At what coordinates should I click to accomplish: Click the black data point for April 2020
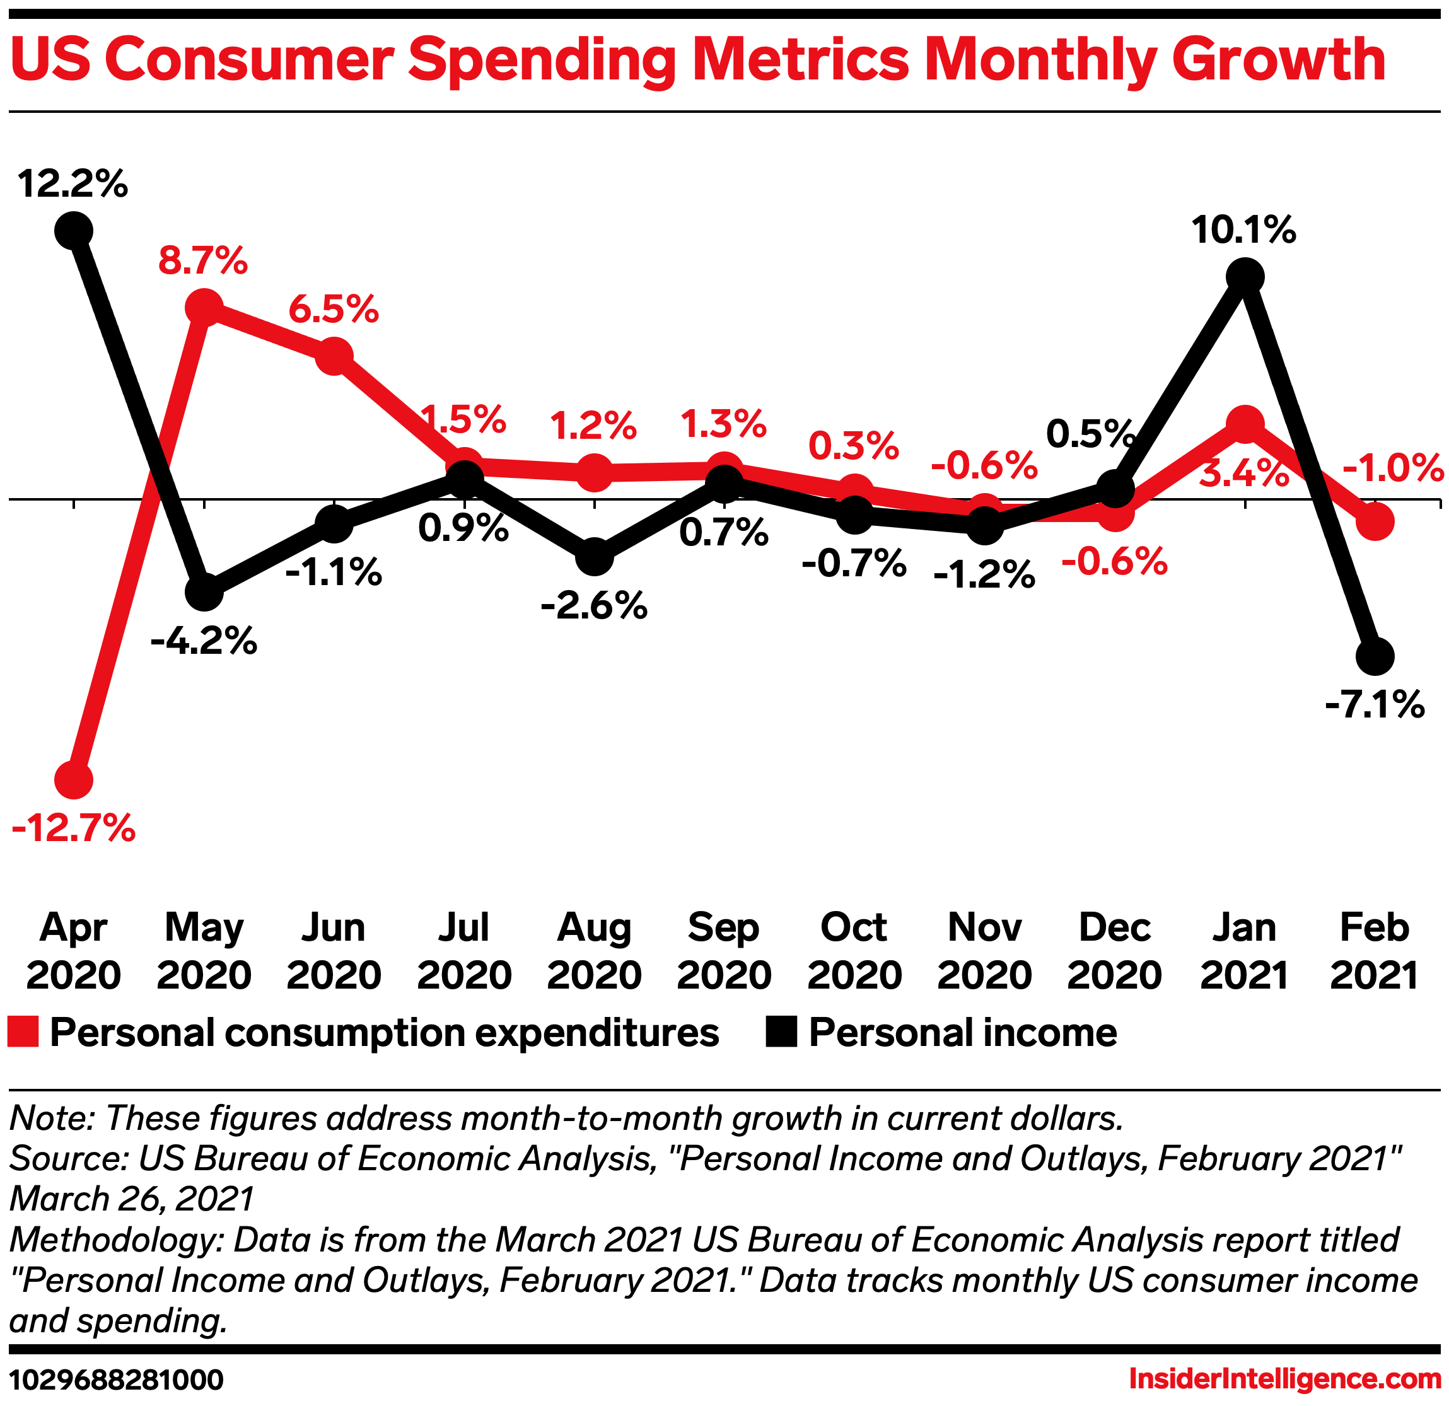(73, 231)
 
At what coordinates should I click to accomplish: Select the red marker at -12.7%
(73, 780)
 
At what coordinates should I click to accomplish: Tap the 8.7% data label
(203, 261)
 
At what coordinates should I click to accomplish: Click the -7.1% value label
(1375, 704)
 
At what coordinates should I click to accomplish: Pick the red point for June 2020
(334, 356)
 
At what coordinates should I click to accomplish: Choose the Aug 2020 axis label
(595, 951)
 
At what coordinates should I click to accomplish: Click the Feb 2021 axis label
(1375, 951)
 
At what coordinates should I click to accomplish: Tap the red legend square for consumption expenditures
(23, 1033)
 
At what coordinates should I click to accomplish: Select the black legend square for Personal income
(781, 1033)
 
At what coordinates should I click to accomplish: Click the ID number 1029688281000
(116, 1380)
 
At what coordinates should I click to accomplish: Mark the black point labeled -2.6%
(595, 557)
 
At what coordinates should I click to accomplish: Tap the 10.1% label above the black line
(1244, 230)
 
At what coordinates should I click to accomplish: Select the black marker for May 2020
(204, 592)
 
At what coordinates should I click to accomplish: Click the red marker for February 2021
(1375, 521)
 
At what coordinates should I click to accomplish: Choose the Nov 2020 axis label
(985, 951)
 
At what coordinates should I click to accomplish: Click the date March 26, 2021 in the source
(132, 1199)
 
